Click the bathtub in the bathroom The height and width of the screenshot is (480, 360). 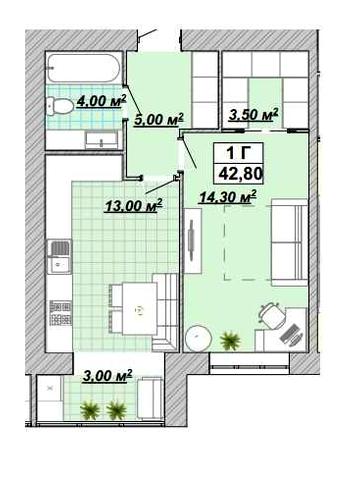tap(83, 68)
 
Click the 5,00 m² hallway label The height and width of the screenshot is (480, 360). tap(159, 119)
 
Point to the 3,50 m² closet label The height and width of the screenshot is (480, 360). tap(253, 114)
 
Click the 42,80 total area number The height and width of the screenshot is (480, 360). tap(240, 173)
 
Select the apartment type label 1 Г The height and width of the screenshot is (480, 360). tap(238, 153)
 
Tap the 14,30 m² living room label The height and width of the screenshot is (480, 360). tap(227, 197)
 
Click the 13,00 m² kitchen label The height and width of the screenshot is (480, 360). tap(133, 205)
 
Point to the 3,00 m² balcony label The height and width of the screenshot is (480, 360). tap(107, 376)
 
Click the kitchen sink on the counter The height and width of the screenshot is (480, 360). tap(59, 257)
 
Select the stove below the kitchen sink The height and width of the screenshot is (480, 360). tap(60, 313)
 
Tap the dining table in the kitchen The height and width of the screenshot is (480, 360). tap(139, 309)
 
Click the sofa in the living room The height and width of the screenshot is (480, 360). tap(289, 242)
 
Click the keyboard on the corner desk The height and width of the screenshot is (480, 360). tap(289, 333)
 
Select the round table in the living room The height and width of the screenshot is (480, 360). tap(199, 338)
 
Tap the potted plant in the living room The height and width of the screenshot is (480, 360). tap(230, 340)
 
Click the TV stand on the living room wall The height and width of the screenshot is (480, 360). tap(192, 241)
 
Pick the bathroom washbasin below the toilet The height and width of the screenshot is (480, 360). tap(101, 140)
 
